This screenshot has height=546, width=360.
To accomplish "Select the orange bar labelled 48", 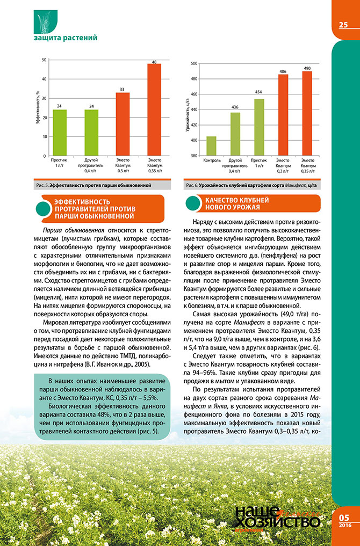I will point(154,110).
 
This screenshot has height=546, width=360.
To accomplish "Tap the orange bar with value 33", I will point(123,124).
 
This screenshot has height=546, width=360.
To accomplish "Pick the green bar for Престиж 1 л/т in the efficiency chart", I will point(60,133).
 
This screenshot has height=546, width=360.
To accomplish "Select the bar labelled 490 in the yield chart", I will point(307,113).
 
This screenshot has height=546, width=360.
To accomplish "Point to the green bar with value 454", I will point(259,127).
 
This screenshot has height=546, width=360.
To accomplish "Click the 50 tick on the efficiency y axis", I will point(44,60).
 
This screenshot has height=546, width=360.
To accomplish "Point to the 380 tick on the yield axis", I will point(194,156).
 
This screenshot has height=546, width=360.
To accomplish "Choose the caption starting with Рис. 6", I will point(249,185).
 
